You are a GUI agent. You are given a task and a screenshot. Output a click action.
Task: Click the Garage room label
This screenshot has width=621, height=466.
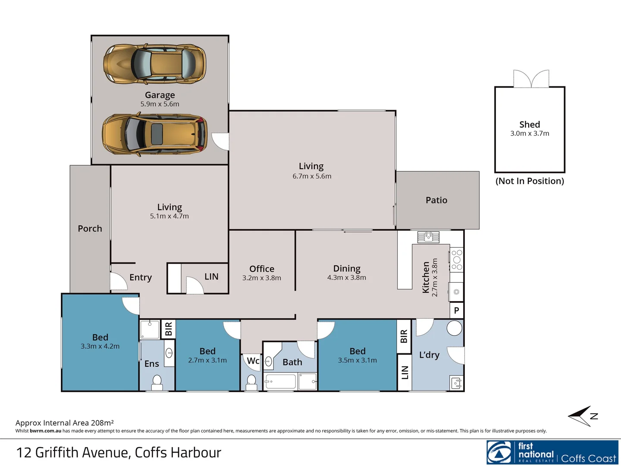[160, 95]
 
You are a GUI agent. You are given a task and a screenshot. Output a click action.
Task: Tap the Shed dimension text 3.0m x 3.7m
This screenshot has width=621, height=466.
[530, 134]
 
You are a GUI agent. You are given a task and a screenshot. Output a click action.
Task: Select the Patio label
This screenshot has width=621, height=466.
[436, 200]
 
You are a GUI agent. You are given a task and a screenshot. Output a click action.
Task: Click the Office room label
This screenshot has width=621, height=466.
[262, 269]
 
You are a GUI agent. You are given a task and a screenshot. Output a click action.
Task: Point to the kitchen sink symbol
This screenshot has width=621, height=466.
[428, 237]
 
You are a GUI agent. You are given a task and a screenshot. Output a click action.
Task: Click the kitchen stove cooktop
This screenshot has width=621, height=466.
[457, 260]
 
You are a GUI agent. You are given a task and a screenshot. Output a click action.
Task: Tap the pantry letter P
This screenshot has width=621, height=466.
[457, 311]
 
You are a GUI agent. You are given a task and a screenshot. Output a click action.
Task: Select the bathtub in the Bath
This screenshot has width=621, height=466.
[280, 382]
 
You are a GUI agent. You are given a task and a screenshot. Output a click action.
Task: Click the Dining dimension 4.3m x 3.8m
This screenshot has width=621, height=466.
[346, 278]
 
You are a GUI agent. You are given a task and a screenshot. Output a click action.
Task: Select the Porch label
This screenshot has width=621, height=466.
[90, 229]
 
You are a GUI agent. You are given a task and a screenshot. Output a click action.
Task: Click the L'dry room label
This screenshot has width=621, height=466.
[429, 355]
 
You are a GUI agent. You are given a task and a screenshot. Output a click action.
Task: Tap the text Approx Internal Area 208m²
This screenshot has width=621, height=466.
[65, 423]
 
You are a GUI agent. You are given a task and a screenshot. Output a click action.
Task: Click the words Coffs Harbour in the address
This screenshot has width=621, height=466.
[178, 453]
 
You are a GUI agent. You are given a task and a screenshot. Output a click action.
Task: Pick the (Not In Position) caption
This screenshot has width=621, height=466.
[530, 181]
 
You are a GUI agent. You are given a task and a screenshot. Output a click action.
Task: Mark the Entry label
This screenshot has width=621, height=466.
[141, 277]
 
